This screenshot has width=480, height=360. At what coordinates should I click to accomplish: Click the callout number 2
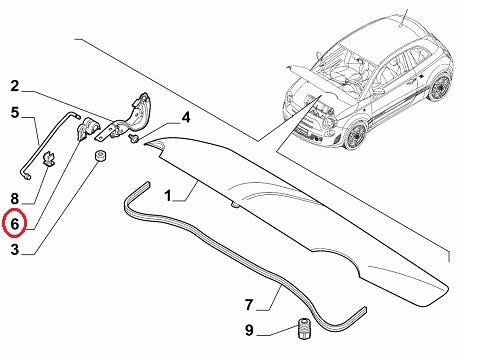tap(14, 86)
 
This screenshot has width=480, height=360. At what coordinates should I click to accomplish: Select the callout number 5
tap(15, 112)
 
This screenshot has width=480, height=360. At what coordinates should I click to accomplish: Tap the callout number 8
tap(15, 199)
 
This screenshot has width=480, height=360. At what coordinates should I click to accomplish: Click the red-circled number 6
tap(14, 223)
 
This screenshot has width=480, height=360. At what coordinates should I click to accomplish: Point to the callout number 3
tap(15, 249)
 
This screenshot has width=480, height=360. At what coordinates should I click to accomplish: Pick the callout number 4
tap(186, 118)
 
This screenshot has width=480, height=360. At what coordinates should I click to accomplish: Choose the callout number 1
tap(168, 196)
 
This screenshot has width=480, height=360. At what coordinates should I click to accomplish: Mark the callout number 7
tap(249, 305)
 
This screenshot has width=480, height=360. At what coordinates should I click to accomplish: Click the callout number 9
tap(249, 330)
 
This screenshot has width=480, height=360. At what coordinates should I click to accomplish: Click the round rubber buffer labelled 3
tap(100, 156)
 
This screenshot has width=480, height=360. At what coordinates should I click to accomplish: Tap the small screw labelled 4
tap(134, 139)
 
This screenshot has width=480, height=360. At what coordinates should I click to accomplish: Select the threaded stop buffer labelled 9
tap(304, 328)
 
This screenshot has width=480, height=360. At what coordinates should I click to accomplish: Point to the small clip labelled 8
tap(49, 158)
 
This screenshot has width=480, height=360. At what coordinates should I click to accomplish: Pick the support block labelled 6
tap(86, 128)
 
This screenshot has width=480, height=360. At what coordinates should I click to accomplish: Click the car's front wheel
tap(356, 136)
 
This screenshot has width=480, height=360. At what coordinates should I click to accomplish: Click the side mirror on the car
tap(377, 91)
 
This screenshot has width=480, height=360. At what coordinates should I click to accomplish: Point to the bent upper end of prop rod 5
tap(73, 115)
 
